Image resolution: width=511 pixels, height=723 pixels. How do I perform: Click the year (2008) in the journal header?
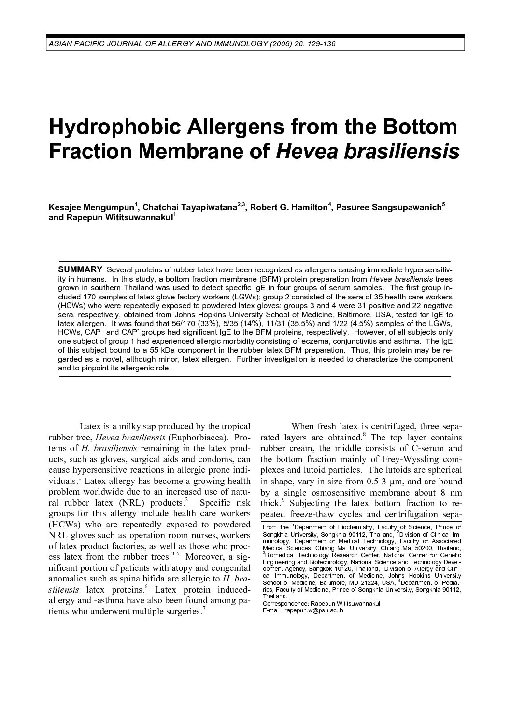pos(279,44)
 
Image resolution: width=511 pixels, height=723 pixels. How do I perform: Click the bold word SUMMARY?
pos(80,269)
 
